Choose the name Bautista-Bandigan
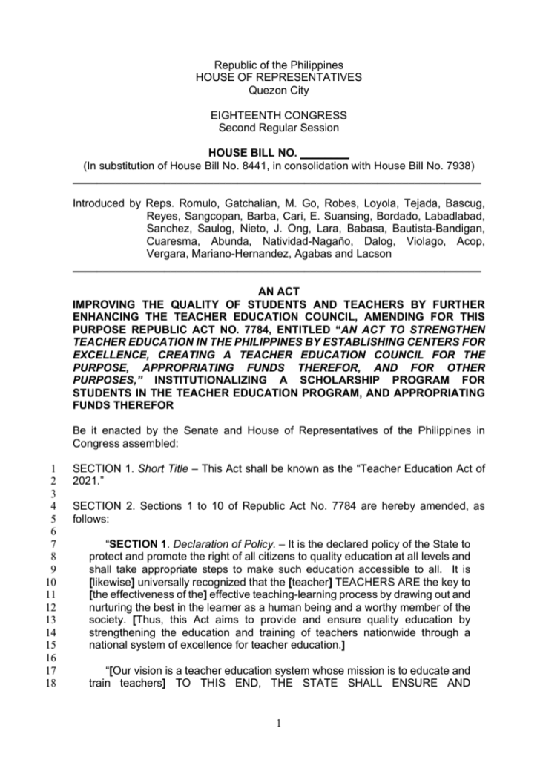441,229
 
